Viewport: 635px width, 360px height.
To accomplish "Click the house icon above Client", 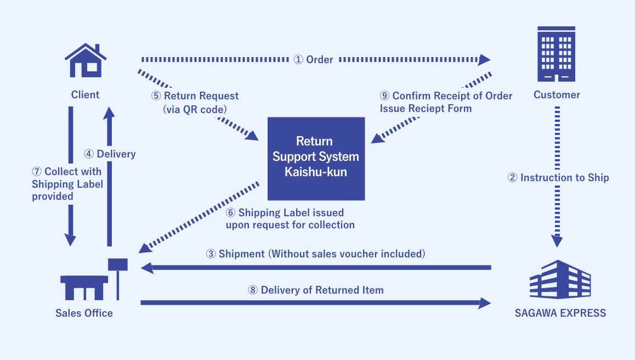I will tap(86, 60).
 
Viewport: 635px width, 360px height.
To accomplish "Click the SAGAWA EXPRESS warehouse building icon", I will tap(560, 280).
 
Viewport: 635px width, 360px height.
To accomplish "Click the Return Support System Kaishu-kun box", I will tap(316, 158).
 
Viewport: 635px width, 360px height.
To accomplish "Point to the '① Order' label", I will tap(314, 59).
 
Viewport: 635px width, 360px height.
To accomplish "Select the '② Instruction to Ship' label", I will tap(558, 177).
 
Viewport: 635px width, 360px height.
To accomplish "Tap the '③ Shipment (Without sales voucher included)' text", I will tap(316, 254).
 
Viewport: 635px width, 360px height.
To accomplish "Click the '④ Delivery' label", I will tap(110, 154).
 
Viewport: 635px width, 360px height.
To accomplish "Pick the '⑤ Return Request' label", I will tap(195, 96).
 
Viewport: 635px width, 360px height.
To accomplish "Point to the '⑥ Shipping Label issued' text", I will tap(285, 213).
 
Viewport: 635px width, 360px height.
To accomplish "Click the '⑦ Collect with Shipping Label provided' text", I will tap(67, 184).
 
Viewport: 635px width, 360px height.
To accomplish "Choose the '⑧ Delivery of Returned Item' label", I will tap(316, 290).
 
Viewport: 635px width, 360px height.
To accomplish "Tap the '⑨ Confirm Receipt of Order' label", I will tap(446, 96).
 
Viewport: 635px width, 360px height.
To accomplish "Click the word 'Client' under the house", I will tap(86, 94).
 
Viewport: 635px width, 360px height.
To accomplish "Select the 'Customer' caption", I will tap(557, 94).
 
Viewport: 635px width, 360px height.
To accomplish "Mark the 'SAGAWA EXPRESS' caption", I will tap(560, 313).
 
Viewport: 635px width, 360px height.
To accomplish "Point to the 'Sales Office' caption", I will tap(84, 313).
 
